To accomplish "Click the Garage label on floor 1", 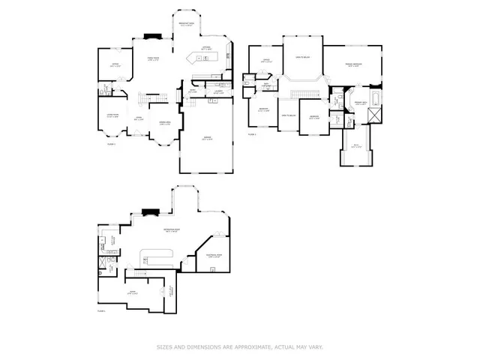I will tap(206, 139).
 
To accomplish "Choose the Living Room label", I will tap(112, 115).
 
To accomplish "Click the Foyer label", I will tap(137, 118).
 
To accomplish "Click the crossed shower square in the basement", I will tap(103, 264).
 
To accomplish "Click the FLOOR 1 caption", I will tap(112, 142).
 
